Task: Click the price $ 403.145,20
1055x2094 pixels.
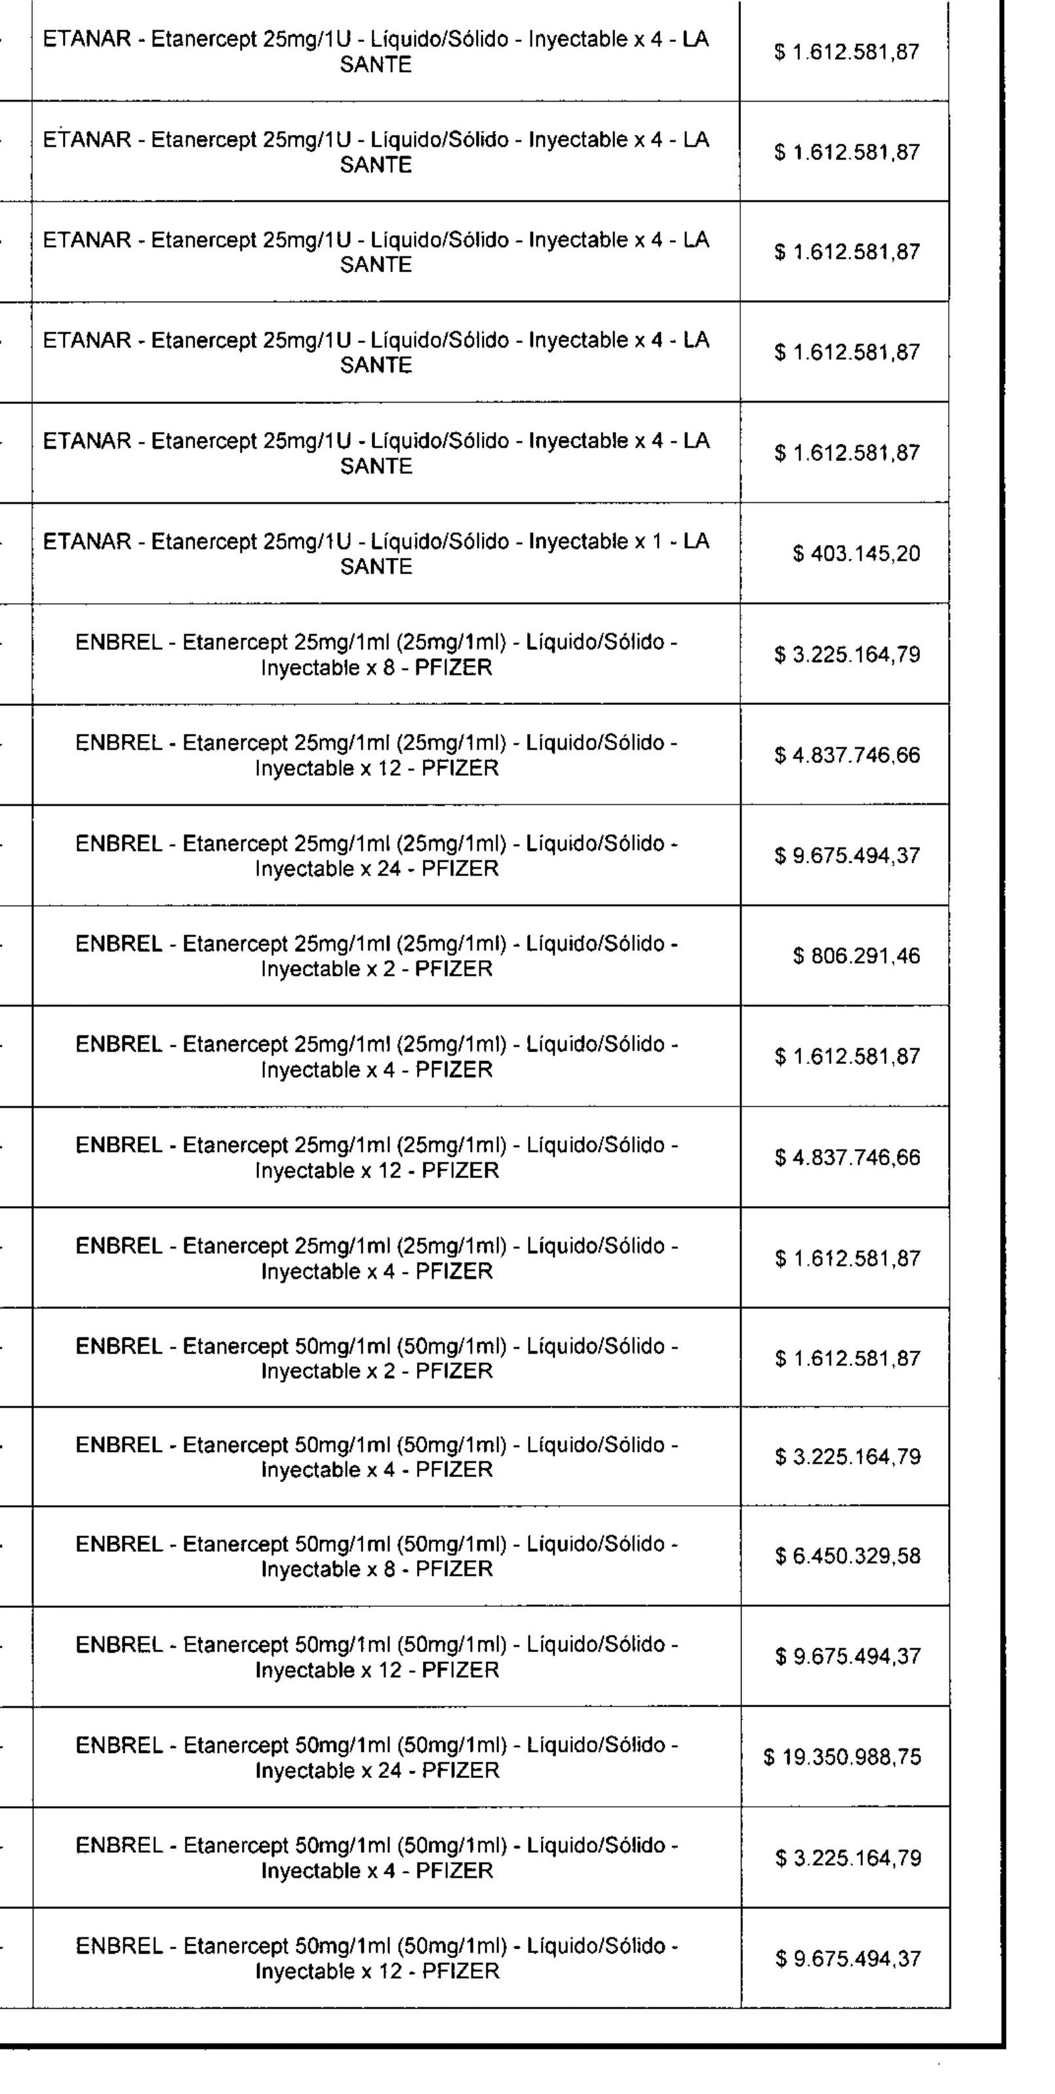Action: point(857,554)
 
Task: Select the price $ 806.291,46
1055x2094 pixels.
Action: point(857,956)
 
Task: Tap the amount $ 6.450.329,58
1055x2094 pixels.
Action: point(848,1557)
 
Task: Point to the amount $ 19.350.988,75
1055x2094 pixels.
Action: point(842,1758)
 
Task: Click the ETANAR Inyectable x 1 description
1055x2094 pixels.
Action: point(376,554)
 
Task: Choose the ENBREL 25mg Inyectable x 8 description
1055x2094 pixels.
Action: point(376,655)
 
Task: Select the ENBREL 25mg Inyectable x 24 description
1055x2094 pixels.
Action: point(376,856)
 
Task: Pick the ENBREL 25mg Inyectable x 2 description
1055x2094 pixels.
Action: point(376,956)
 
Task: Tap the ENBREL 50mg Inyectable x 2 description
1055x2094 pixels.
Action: point(376,1358)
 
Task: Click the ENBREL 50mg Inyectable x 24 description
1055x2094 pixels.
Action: point(376,1758)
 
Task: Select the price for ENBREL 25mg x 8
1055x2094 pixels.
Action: point(848,655)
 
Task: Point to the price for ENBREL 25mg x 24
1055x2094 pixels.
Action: point(848,856)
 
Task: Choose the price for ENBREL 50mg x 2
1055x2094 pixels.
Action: point(848,1359)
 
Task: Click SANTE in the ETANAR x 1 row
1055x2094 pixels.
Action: point(376,567)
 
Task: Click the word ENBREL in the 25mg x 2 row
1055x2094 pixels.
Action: point(119,944)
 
